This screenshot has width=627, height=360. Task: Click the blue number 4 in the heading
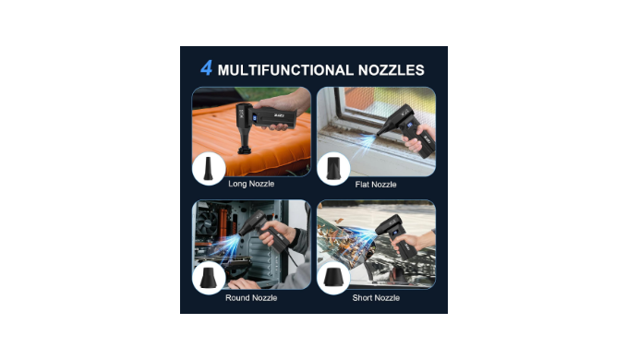coord(206,68)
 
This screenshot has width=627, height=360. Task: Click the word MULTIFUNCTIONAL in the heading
coord(285,70)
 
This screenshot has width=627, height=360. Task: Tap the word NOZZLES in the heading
coord(392,70)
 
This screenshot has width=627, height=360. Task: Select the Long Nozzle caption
coord(251,184)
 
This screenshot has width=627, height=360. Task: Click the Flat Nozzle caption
coord(376,185)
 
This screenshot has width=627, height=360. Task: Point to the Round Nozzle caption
coord(251,297)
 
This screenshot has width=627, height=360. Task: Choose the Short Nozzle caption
coord(376,297)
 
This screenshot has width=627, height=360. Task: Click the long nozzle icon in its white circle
coord(208,169)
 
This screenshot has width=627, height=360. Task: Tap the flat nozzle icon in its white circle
coord(333,168)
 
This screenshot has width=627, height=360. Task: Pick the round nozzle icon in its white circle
coord(208,278)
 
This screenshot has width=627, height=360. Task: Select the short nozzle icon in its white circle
coord(333,277)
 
